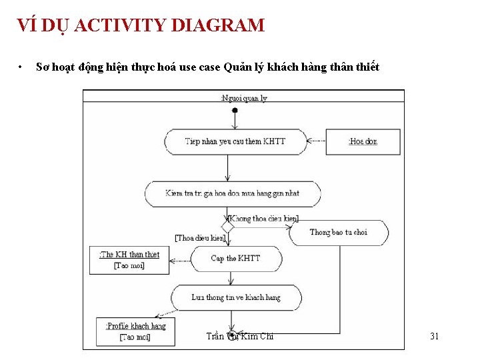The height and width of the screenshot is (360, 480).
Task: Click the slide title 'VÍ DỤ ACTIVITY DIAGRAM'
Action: (141, 26)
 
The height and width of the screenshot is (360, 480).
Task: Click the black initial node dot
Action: (235, 110)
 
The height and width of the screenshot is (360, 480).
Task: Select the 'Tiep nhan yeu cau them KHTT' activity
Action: (235, 141)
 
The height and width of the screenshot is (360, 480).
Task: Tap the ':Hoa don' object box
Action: (363, 141)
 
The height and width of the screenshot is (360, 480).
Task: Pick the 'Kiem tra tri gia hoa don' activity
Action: (232, 193)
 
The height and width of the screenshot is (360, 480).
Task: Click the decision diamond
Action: (228, 227)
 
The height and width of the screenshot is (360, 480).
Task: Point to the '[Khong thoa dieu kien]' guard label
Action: (264, 218)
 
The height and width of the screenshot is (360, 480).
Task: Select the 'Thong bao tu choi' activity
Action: (338, 232)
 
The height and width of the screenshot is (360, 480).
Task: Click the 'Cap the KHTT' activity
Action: (235, 258)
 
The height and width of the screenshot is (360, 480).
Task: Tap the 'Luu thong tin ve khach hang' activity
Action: (236, 297)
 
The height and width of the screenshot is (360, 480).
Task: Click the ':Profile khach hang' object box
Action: (135, 331)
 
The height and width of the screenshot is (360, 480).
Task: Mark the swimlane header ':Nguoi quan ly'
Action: (243, 98)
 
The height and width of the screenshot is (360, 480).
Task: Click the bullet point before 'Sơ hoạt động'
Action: (21, 67)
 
